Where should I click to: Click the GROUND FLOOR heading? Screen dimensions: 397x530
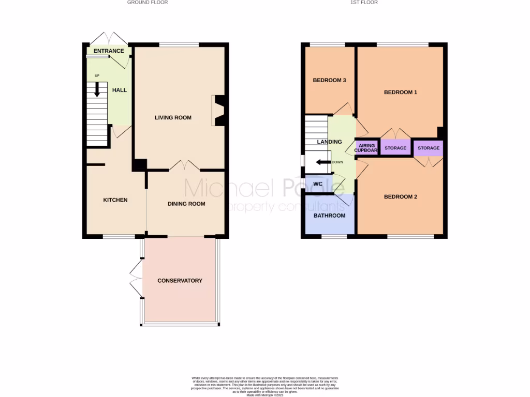tap(148, 3)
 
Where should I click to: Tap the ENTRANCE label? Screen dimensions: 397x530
tap(109, 51)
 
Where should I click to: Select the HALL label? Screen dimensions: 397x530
tap(120, 90)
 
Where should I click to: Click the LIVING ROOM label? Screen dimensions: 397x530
tap(173, 118)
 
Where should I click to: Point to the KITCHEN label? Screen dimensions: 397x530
tap(115, 200)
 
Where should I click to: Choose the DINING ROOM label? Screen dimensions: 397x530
tap(186, 204)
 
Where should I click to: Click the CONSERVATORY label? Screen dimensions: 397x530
tap(180, 281)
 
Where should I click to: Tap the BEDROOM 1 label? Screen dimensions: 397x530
tap(400, 93)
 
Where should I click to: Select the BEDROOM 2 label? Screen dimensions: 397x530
tap(400, 197)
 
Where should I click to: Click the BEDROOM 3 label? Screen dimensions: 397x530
tap(329, 80)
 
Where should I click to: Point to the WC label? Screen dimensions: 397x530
tap(318, 184)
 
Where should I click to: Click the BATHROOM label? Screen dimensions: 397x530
tap(329, 216)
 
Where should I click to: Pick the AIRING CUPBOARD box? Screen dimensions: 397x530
tap(366, 148)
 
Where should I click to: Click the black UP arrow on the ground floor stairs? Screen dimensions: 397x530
tap(97, 89)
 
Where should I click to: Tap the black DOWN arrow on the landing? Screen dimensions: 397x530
tap(324, 162)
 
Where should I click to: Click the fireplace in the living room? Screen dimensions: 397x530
tap(218, 111)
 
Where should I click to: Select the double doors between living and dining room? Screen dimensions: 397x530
tap(184, 165)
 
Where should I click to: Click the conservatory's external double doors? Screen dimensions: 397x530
tap(135, 278)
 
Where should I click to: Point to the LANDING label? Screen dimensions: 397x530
tap(329, 142)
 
